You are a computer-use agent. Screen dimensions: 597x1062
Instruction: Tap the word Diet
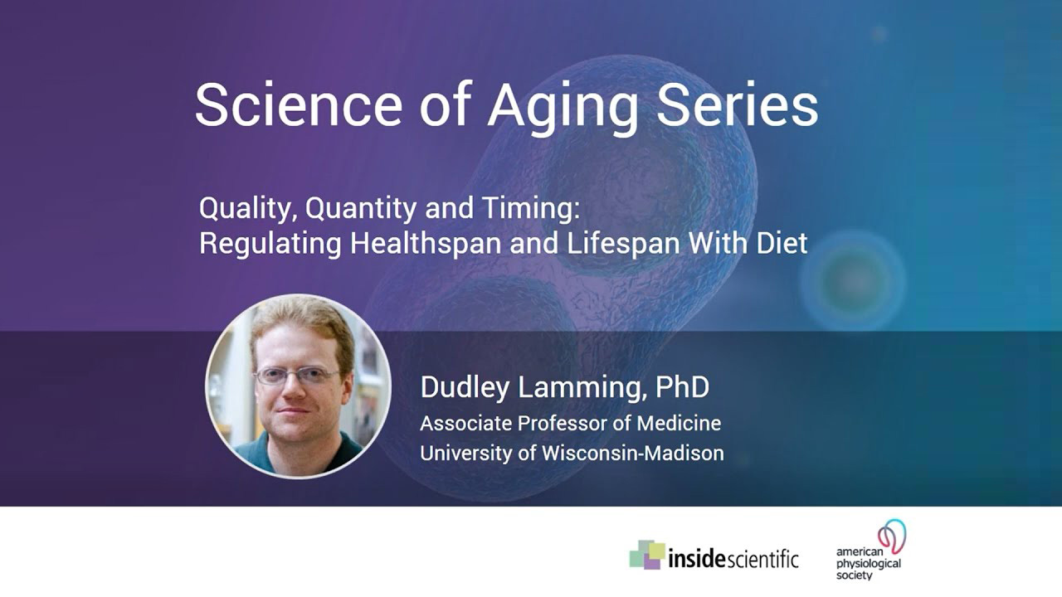coord(779,244)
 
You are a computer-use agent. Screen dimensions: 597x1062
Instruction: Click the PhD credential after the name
coord(682,386)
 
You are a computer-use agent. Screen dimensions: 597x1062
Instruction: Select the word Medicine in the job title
coord(679,423)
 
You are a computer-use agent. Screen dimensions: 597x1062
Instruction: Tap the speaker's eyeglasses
coord(296,376)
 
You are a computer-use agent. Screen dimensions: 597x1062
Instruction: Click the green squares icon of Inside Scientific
coord(647,554)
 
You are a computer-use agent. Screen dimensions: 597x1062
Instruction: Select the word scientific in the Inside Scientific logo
coord(762,559)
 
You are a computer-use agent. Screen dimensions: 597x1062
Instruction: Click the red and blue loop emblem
coord(892,536)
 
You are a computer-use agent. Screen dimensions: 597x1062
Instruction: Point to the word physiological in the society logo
coord(868,563)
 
